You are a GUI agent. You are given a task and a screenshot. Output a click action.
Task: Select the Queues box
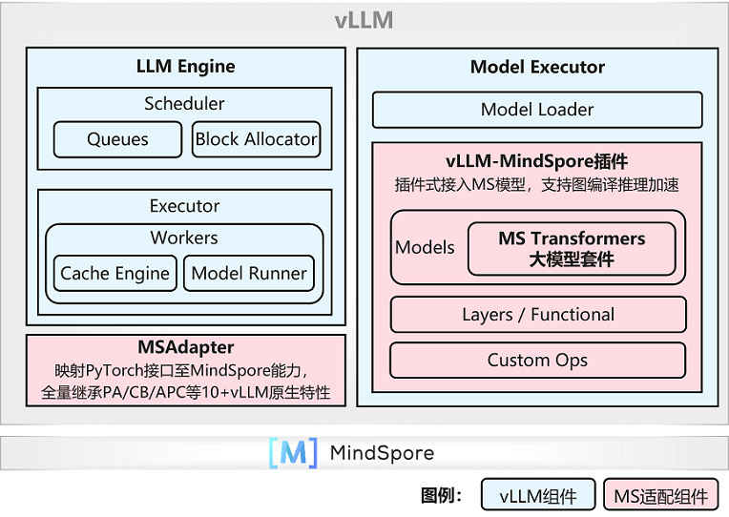click(x=117, y=139)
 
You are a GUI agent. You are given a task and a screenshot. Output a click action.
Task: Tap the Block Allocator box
click(x=256, y=139)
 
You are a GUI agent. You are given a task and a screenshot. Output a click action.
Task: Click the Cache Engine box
click(x=115, y=274)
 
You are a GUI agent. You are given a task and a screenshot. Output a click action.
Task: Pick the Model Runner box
click(x=249, y=274)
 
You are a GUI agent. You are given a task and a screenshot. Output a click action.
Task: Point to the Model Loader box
click(x=537, y=110)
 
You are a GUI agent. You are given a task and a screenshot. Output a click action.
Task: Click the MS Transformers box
click(x=572, y=249)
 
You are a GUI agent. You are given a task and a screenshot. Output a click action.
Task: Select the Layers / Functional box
click(x=538, y=315)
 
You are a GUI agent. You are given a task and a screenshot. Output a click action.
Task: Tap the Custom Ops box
click(x=538, y=360)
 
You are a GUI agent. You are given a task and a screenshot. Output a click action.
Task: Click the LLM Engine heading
click(x=185, y=67)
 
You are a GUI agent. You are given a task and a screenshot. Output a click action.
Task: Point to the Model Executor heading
click(x=537, y=67)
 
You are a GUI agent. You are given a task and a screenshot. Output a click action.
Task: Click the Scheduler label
click(x=184, y=103)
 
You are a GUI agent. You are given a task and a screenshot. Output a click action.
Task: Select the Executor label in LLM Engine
click(x=184, y=206)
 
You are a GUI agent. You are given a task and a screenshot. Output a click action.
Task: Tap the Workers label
click(x=184, y=238)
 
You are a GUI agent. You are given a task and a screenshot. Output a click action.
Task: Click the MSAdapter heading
click(x=185, y=347)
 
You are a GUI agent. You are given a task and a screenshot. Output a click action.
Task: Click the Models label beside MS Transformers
click(x=425, y=248)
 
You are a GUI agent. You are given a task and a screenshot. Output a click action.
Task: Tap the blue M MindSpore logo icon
click(x=293, y=453)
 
